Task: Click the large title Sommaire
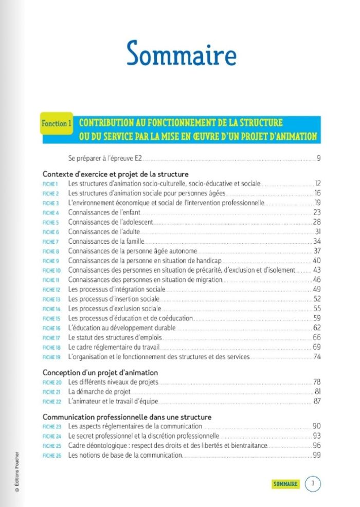(181, 53)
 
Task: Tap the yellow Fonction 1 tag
(56, 123)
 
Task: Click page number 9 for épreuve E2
(319, 158)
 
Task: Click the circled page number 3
(313, 483)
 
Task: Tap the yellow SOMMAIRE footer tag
(286, 484)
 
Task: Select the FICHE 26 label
(51, 456)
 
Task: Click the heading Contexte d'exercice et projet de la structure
(115, 174)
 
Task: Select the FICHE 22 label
(51, 401)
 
